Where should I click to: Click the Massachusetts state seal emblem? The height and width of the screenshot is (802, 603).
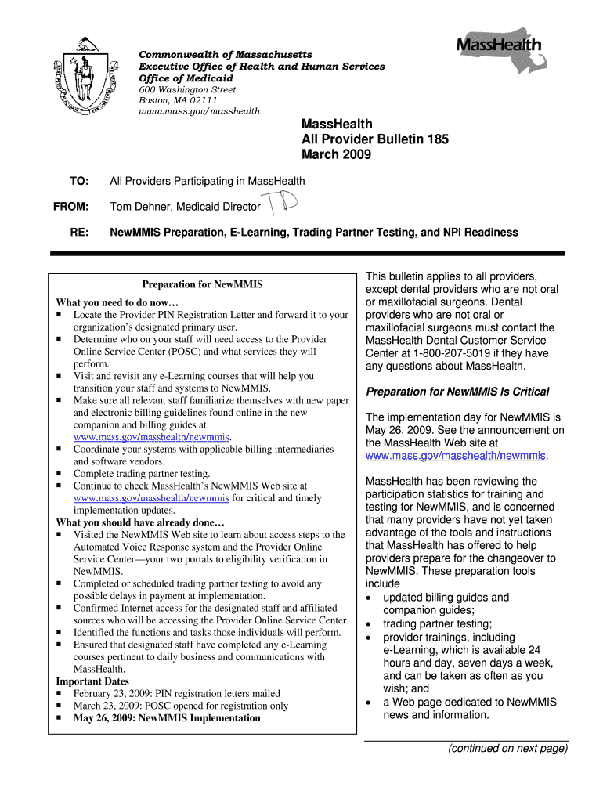[x=81, y=81]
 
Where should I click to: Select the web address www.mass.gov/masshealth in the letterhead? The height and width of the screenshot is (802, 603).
[x=199, y=111]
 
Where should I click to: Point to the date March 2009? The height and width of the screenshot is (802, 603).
[x=336, y=154]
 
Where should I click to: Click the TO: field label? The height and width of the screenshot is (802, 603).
[x=79, y=182]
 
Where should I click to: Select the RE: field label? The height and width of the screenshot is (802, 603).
[x=79, y=233]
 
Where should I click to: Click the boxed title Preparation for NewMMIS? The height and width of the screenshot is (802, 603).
[x=202, y=284]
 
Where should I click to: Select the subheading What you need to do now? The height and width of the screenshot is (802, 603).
[x=117, y=302]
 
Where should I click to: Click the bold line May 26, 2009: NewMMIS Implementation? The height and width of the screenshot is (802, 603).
[x=167, y=717]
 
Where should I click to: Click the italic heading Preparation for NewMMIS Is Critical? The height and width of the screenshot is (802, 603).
[x=457, y=392]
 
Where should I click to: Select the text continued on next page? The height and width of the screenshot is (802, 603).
[x=507, y=749]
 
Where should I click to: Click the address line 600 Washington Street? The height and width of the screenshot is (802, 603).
[x=187, y=90]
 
